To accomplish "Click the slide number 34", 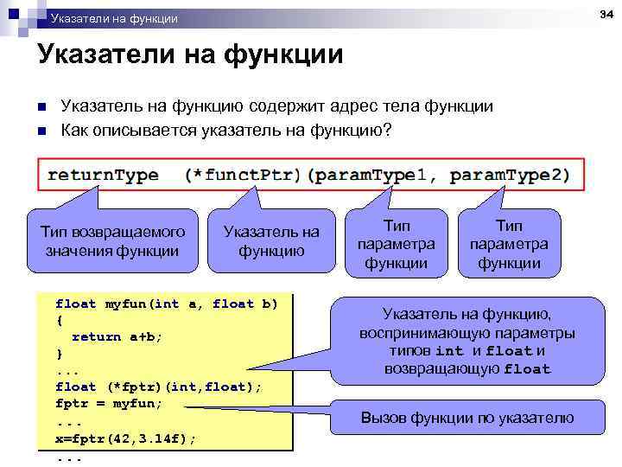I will click(605, 11).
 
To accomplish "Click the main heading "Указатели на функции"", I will click(190, 55).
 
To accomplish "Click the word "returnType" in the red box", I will click(103, 176).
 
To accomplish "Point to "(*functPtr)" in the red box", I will click(243, 176).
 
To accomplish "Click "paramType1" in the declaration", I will click(371, 176).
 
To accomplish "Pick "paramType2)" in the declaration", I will click(510, 176).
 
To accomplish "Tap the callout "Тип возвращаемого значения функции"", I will click(113, 241).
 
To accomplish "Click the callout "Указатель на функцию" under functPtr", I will click(271, 241).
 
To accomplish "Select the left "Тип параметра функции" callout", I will click(396, 244).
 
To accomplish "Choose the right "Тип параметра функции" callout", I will click(509, 244).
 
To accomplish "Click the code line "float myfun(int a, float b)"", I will click(167, 304).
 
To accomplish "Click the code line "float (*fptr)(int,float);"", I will click(158, 387).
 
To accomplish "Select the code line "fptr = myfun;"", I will click(109, 404).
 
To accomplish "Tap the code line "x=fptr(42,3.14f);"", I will click(126, 438).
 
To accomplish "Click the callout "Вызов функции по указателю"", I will click(466, 419).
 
